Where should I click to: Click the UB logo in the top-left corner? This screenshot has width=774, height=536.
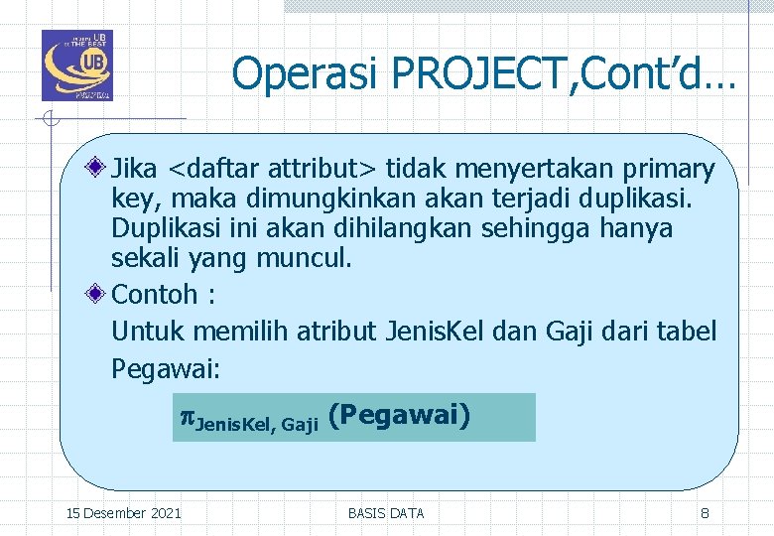(76, 66)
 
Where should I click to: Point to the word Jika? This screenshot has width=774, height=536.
(138, 170)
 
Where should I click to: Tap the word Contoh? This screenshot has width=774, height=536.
(155, 294)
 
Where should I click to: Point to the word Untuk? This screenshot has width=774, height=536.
(148, 332)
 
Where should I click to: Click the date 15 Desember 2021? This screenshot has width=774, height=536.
(123, 513)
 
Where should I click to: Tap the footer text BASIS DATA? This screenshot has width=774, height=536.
(386, 513)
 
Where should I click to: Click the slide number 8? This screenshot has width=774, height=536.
(705, 513)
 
